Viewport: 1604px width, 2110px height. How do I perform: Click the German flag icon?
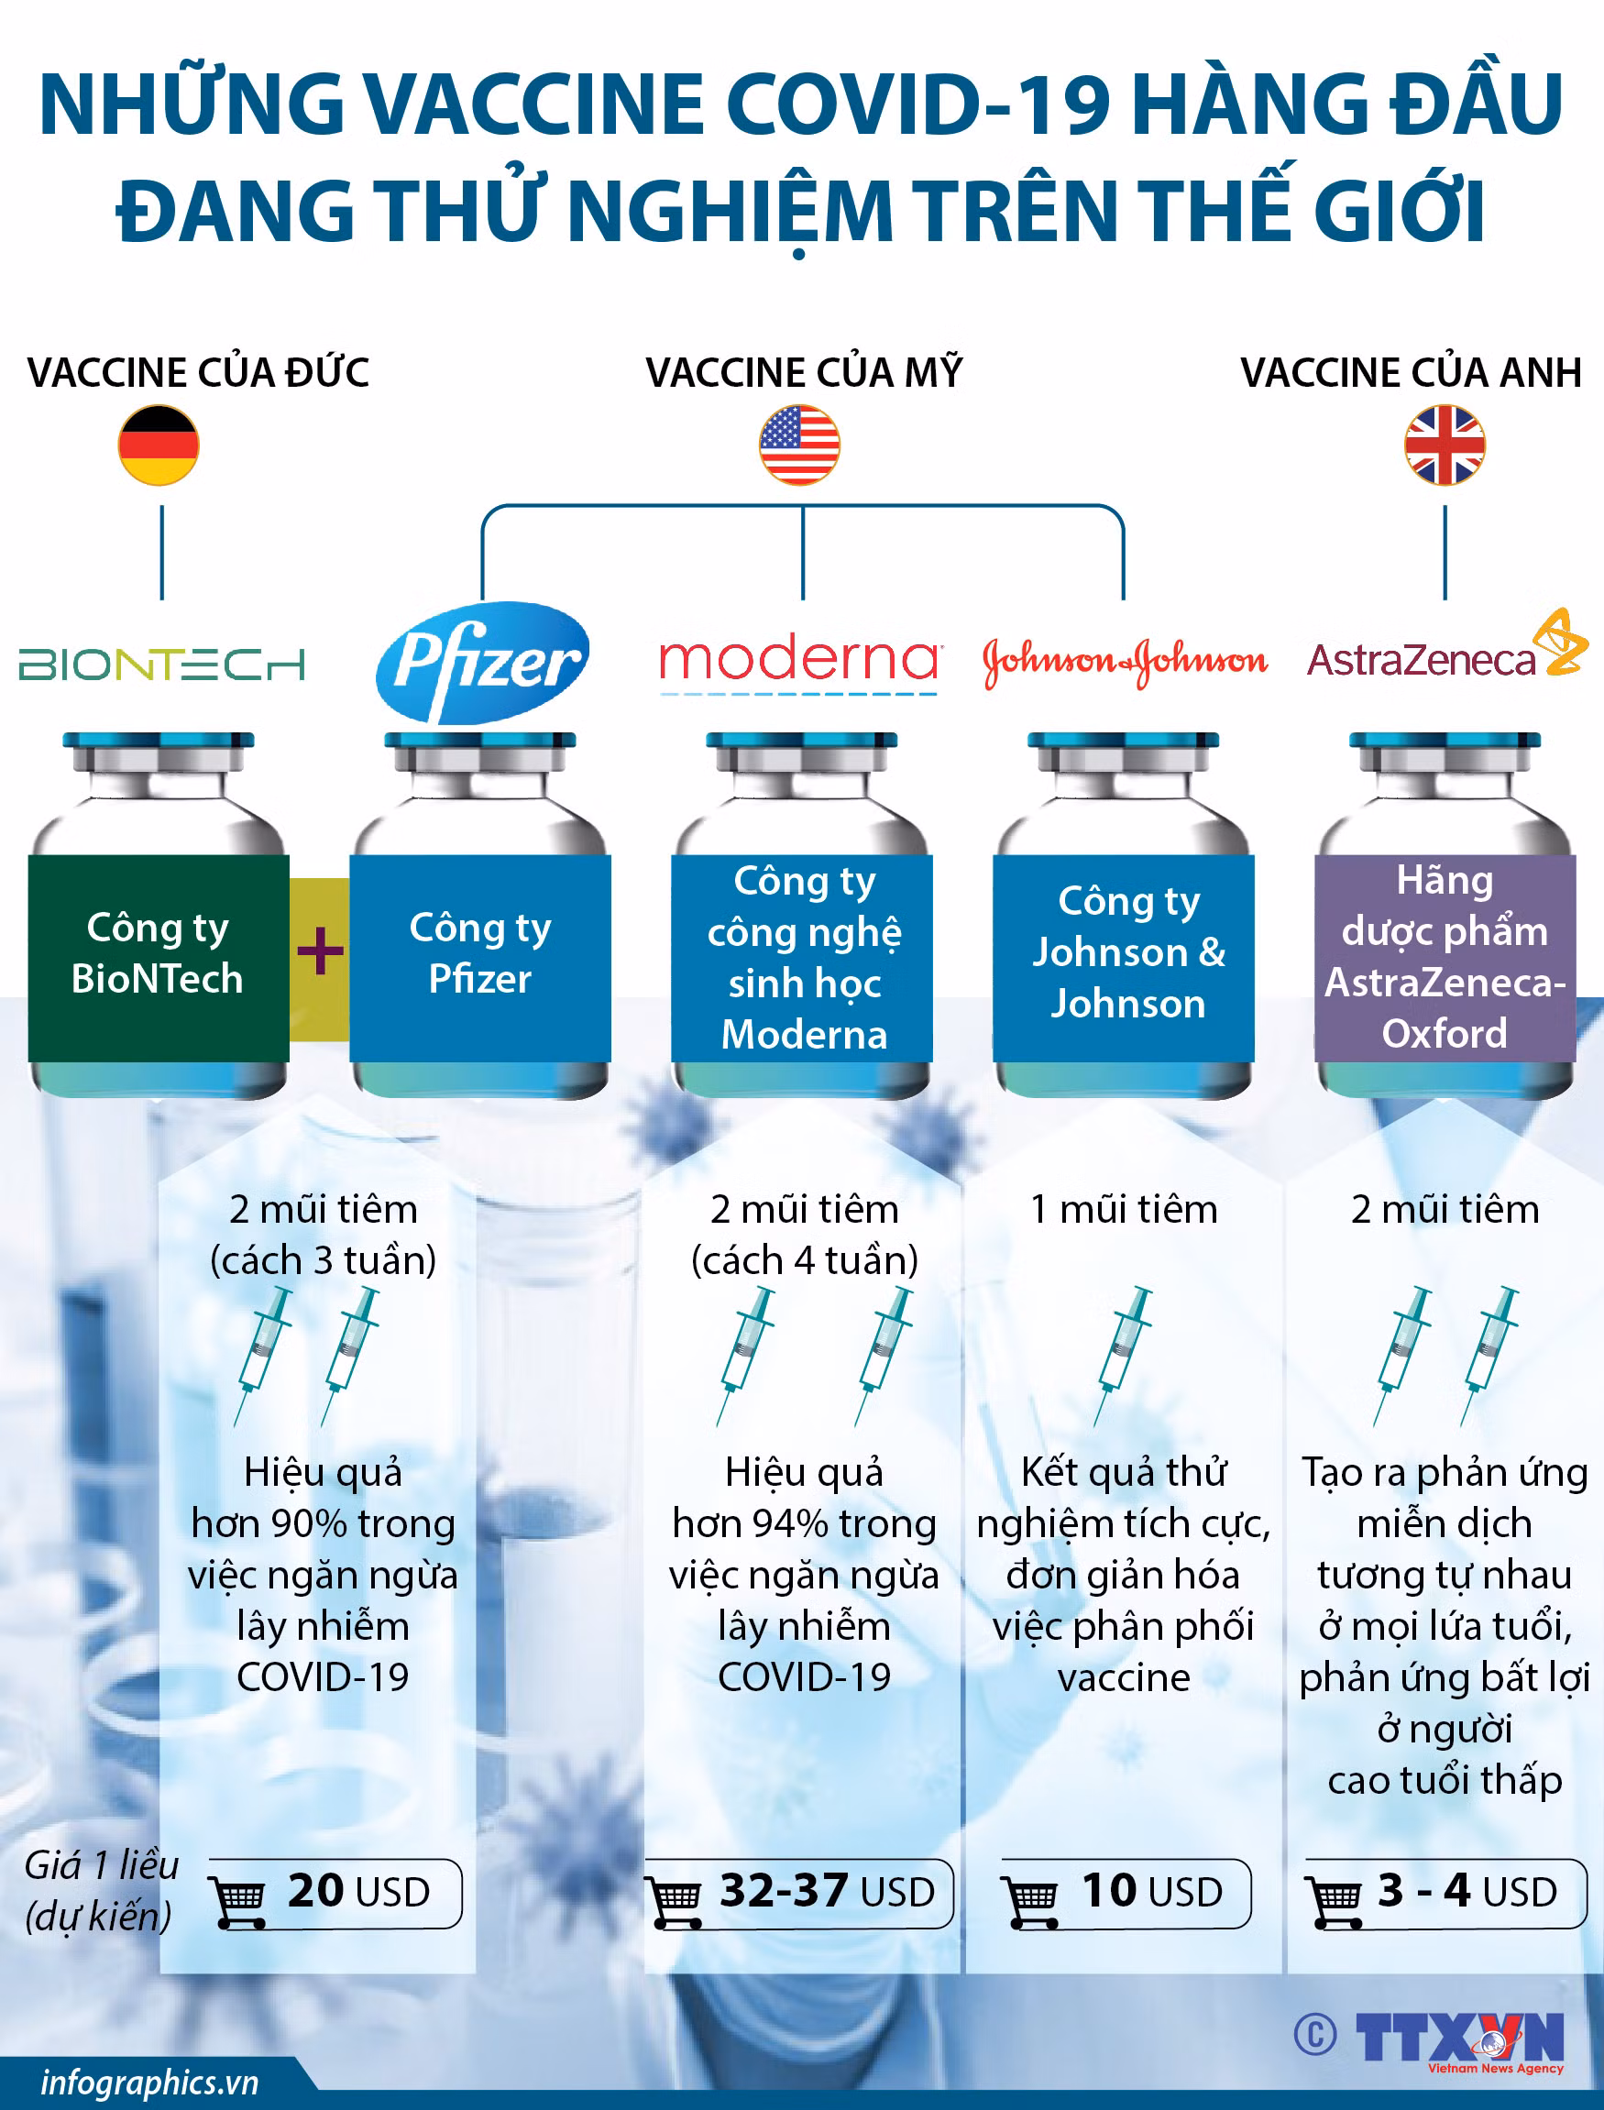159,445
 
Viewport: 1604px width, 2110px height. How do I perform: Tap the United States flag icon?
800,445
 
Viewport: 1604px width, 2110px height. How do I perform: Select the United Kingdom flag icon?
1445,445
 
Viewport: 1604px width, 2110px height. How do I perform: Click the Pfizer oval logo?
482,662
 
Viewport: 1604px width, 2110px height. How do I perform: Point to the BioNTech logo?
161,665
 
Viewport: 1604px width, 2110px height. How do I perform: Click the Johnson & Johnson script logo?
1126,662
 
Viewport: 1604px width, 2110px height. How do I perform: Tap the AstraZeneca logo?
1446,649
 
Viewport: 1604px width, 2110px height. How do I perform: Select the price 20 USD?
359,1891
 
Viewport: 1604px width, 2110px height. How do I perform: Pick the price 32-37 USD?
826,1891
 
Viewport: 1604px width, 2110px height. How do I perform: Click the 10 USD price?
1151,1891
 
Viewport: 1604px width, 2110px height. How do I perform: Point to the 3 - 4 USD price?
1467,1891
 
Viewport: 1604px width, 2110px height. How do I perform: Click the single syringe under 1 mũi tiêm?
1124,1357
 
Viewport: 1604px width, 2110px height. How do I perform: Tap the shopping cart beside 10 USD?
1030,1901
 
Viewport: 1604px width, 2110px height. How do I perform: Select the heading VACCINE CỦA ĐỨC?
199,371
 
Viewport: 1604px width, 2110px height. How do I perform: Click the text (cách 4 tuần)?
805,1260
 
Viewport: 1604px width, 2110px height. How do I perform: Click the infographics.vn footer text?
150,2083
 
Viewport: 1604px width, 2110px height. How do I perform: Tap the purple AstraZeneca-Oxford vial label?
1445,958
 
